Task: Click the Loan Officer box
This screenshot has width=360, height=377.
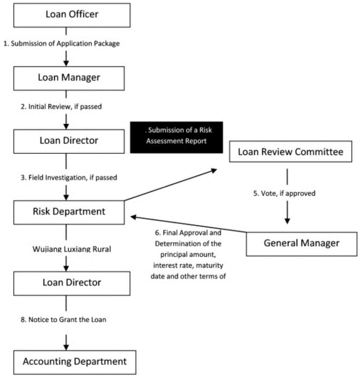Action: [x=72, y=15]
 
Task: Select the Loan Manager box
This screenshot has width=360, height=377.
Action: [x=69, y=78]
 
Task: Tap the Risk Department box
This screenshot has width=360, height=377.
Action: [x=69, y=213]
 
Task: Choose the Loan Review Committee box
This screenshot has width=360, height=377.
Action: [x=291, y=151]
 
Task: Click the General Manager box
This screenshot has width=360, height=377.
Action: [x=302, y=244]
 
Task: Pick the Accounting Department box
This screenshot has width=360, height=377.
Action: [x=75, y=362]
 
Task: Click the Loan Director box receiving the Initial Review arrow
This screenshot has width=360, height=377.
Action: [x=69, y=142]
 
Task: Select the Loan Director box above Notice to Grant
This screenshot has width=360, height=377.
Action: [x=72, y=283]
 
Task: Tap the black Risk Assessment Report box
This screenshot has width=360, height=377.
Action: [x=177, y=137]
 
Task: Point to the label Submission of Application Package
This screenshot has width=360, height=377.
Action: [x=61, y=44]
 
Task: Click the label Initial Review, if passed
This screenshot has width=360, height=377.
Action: [x=61, y=107]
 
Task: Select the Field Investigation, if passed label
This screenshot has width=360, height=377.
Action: [x=69, y=177]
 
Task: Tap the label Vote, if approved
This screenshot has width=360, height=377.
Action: [x=284, y=193]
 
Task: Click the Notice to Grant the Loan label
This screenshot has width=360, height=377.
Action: [x=63, y=319]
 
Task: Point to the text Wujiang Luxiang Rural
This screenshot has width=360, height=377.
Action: [x=72, y=249]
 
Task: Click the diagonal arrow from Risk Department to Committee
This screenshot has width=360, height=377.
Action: [x=170, y=185]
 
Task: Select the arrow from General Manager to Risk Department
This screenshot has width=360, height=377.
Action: [x=188, y=224]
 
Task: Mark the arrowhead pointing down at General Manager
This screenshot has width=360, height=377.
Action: [x=287, y=221]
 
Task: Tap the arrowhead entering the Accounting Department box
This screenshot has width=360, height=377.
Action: [x=66, y=348]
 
